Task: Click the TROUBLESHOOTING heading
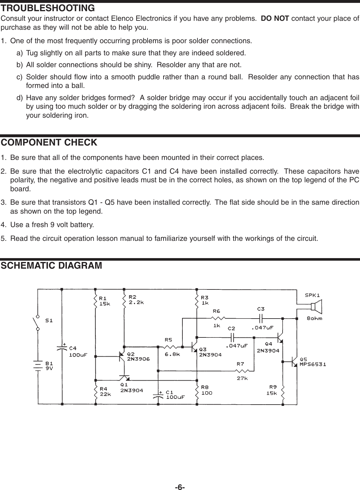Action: coord(48,7)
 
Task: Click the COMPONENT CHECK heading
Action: coord(49,142)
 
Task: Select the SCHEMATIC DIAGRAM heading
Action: coord(52,265)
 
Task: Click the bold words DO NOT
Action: coord(276,18)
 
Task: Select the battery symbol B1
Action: coord(38,365)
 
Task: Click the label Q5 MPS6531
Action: coord(313,361)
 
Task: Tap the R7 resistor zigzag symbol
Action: coord(243,371)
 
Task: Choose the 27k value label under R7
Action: coord(242,378)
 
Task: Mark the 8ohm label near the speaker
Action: coord(314,319)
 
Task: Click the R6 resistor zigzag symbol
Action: coord(218,318)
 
